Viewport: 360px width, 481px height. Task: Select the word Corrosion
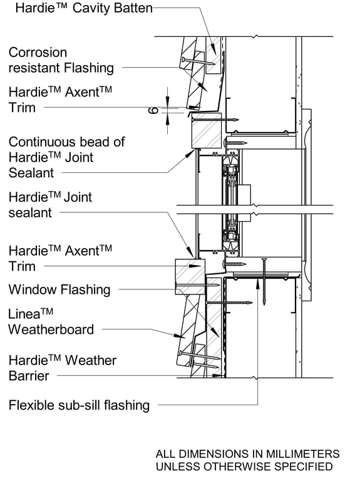click(38, 53)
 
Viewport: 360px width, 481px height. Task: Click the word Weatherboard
click(51, 329)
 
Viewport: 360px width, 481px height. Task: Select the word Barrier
click(29, 375)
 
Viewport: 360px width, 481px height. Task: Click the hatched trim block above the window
click(205, 135)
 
